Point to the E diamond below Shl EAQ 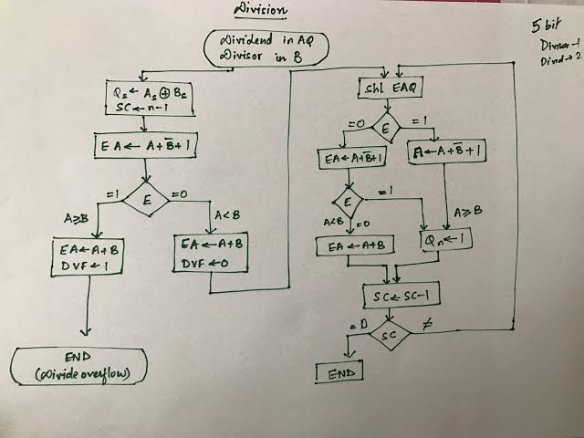[x=384, y=130]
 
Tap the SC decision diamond [x=390, y=337]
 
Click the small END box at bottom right [x=339, y=373]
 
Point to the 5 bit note [x=544, y=27]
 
